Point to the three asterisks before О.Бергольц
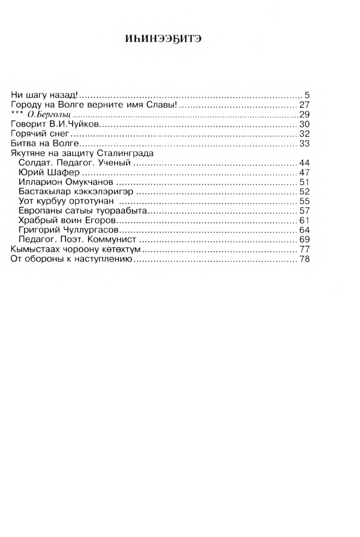coord(16,113)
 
